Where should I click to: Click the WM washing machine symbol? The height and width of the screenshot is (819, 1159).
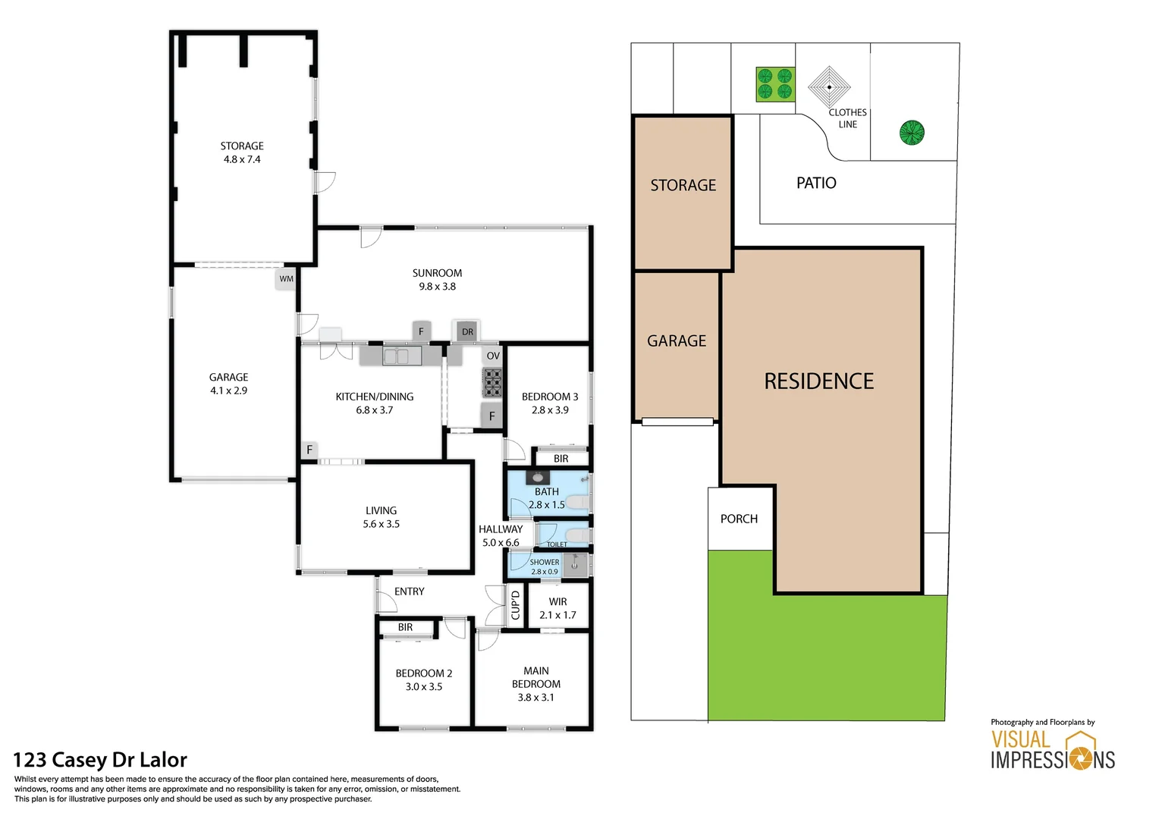(286, 279)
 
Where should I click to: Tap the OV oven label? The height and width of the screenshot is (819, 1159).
(493, 356)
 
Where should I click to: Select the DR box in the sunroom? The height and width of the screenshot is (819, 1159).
(467, 331)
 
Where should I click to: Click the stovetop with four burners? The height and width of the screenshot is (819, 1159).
(492, 383)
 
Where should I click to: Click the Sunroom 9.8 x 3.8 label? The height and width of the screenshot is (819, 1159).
(437, 280)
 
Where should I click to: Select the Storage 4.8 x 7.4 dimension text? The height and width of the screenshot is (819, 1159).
(242, 159)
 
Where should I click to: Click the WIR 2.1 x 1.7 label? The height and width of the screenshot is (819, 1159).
(558, 608)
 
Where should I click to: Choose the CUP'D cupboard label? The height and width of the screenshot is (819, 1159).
(516, 604)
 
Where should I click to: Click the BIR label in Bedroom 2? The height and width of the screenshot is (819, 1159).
(405, 627)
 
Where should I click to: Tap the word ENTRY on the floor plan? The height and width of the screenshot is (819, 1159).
(410, 591)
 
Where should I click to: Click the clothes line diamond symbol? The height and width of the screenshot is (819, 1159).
(829, 86)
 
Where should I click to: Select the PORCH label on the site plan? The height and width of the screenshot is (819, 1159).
(739, 519)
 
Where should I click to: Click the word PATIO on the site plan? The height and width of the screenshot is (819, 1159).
(816, 183)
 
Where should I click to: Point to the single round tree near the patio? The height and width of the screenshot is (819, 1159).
(912, 133)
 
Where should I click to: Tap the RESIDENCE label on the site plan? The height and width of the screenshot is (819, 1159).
(818, 381)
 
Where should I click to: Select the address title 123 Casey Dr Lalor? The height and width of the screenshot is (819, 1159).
(100, 760)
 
